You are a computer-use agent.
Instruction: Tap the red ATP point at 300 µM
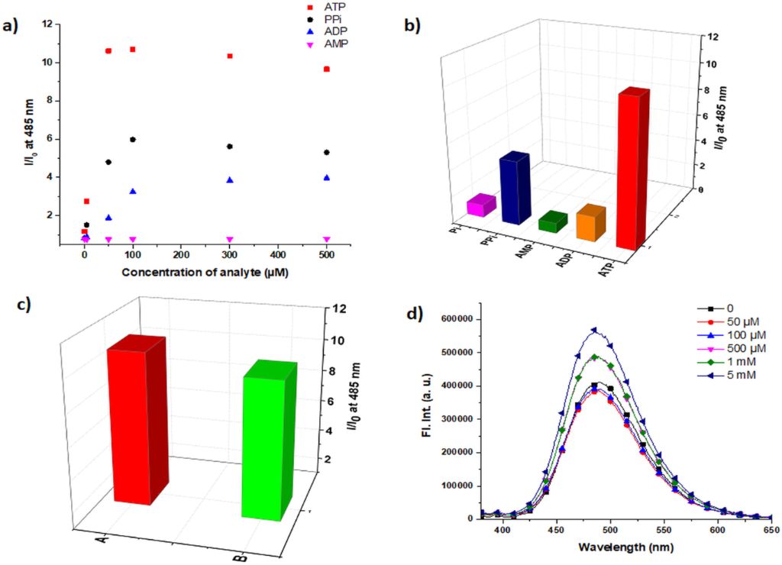click(x=230, y=56)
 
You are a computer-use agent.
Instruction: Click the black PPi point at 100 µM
click(x=133, y=139)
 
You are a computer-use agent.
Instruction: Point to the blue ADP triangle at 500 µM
click(x=327, y=177)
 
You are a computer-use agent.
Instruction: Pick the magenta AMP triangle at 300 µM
click(x=230, y=240)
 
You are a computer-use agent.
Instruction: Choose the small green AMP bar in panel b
click(x=552, y=222)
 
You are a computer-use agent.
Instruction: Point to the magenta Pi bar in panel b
click(x=481, y=205)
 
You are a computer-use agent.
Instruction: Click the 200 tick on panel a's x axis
click(x=181, y=254)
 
